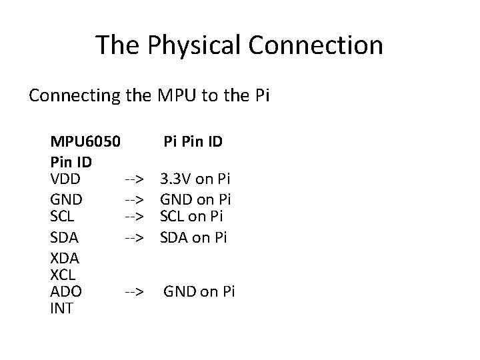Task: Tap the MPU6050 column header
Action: click(x=85, y=142)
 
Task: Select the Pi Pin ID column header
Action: click(x=193, y=142)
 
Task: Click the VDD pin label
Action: click(x=65, y=179)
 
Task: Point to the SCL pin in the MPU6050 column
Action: click(x=63, y=217)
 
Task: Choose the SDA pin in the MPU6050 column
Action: click(x=65, y=237)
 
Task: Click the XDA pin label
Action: click(x=65, y=257)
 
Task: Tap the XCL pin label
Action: click(x=64, y=274)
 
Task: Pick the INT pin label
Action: click(x=62, y=309)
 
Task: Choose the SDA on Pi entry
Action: click(x=193, y=237)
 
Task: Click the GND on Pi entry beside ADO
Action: click(x=199, y=292)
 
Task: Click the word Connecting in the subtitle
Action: click(x=75, y=95)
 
